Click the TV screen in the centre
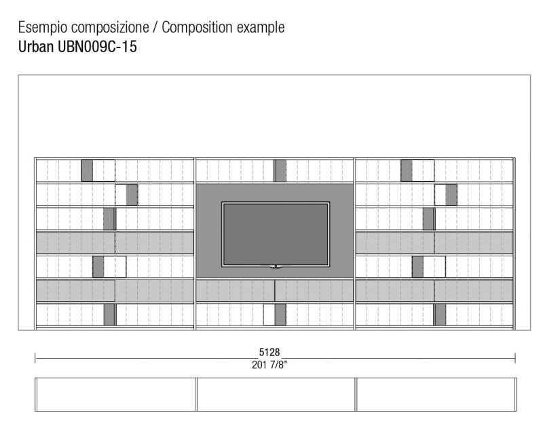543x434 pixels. pos(276,235)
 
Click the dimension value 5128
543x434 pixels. pos(269,352)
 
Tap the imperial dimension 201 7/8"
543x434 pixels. pos(269,365)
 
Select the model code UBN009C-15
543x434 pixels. pos(97,46)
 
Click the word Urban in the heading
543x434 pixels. pos(36,46)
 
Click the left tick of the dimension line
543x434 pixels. pos(35,358)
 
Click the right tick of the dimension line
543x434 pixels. pos(515,358)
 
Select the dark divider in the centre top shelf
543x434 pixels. pos(280,171)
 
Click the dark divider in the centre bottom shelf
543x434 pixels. pos(280,315)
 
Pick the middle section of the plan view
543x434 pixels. pos(276,395)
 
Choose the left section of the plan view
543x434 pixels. pos(115,395)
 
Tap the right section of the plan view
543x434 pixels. pos(436,395)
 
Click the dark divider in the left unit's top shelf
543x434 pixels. pos(87,170)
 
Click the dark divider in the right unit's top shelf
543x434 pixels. pos(407,170)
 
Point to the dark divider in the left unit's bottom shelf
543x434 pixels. pos(109,315)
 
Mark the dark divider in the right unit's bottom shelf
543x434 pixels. pos(440,315)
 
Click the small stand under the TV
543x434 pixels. pos(276,267)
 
